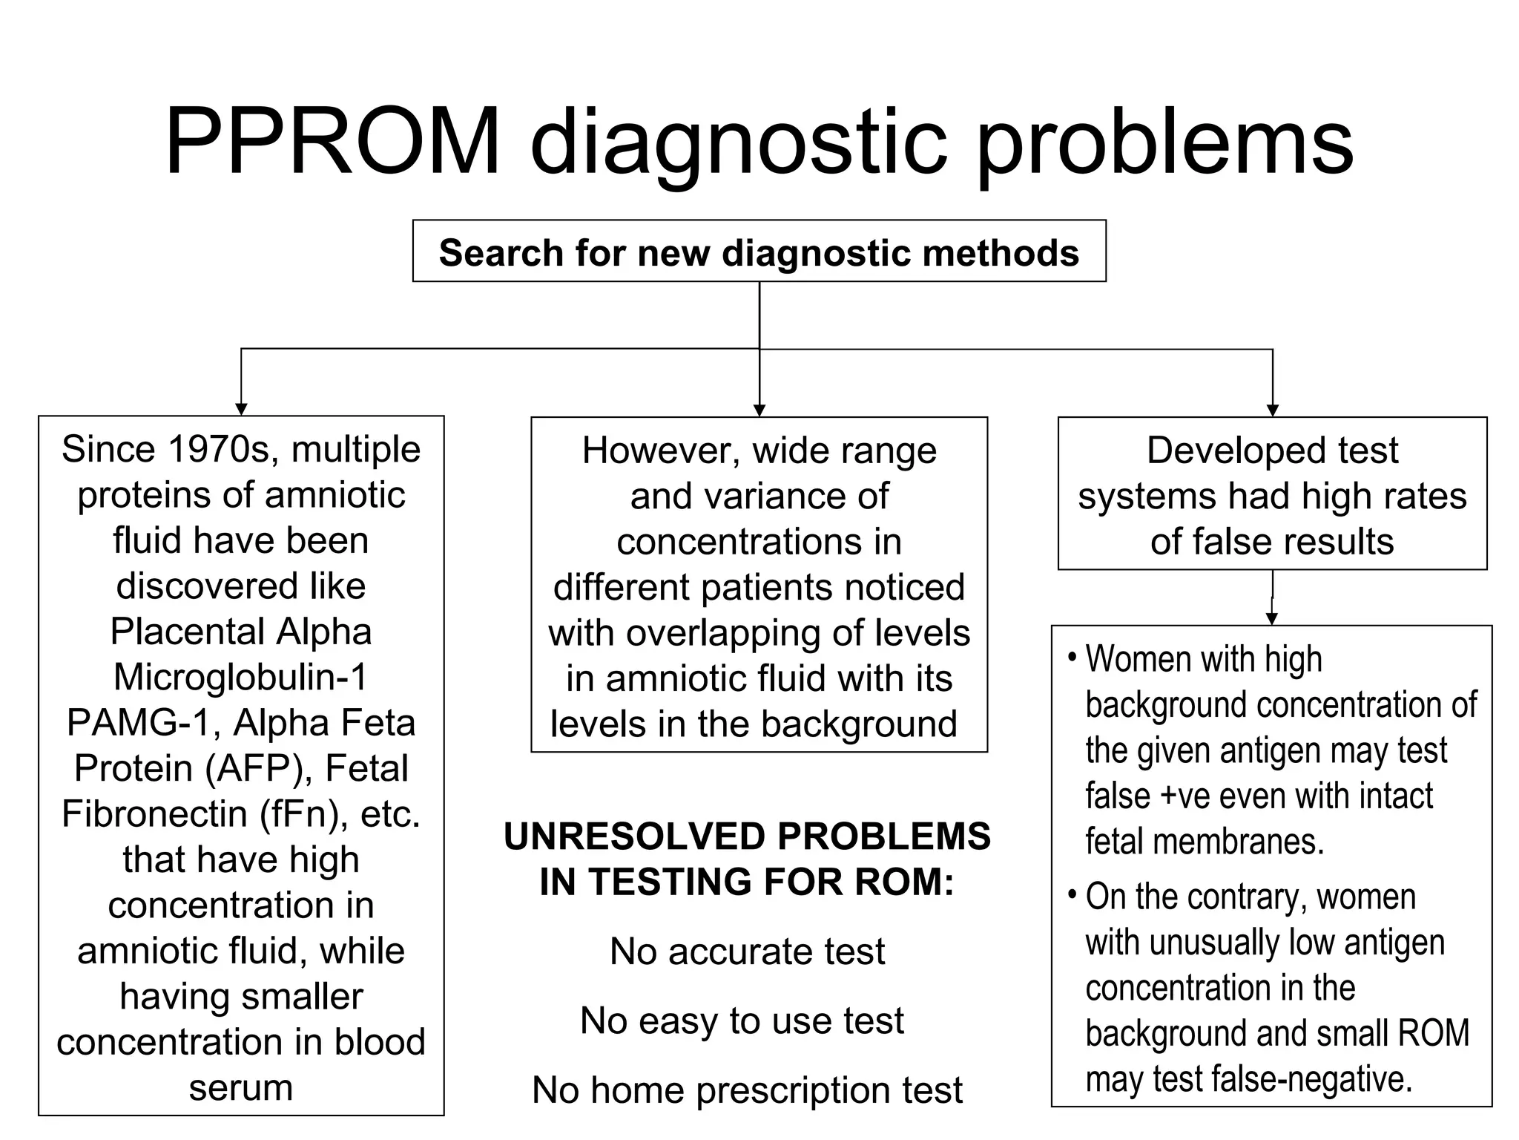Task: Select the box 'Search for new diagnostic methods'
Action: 759,252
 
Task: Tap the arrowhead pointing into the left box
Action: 241,409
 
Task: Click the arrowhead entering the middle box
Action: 759,410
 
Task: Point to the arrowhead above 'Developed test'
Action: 1273,410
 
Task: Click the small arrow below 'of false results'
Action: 1272,618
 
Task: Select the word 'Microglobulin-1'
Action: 241,677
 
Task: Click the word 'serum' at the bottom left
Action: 241,1088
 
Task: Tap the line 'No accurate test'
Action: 747,951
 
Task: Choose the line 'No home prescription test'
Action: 747,1090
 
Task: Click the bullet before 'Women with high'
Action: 1072,657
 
